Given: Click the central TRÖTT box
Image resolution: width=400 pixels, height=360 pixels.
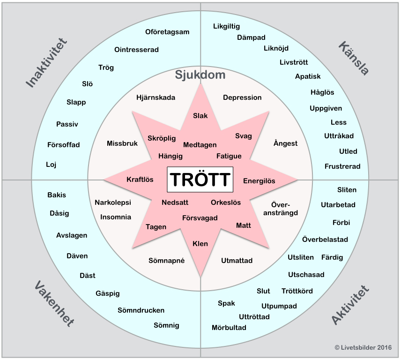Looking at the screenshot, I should [x=200, y=180].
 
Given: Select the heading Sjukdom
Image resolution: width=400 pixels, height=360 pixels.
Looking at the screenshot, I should [x=200, y=75].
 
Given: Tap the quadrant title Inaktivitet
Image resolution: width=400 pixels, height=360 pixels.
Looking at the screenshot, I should [x=47, y=63].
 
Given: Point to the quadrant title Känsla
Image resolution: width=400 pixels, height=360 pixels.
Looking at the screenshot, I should [x=354, y=58].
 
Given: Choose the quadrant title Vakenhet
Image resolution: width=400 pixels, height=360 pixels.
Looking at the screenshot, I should [x=54, y=304].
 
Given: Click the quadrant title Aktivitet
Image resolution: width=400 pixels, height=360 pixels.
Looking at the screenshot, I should [x=350, y=304].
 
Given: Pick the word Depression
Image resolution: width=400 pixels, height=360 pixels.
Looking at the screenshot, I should [x=242, y=97].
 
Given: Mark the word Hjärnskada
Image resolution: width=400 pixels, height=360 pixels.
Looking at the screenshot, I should [x=156, y=97].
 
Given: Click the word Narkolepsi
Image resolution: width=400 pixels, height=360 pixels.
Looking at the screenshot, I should [x=113, y=202].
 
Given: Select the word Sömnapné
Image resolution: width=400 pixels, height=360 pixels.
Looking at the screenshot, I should [x=167, y=261].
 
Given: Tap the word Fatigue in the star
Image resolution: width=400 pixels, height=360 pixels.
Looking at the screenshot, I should [x=229, y=156].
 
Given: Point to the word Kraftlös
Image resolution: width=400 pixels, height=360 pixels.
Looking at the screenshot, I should [x=140, y=180].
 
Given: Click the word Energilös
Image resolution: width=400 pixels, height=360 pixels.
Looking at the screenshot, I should [x=259, y=181].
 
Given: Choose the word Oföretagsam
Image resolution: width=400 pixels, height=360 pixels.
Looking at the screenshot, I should [x=167, y=32].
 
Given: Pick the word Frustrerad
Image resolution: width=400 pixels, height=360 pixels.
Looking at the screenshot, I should [x=342, y=166].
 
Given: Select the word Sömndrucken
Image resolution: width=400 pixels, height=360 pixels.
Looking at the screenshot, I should [x=141, y=310].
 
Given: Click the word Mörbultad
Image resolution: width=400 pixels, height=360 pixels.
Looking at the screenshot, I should [x=229, y=328].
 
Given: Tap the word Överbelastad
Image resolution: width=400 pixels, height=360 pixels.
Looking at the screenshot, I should [x=325, y=240].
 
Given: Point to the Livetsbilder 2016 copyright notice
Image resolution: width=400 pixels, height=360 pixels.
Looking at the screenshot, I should [x=363, y=347].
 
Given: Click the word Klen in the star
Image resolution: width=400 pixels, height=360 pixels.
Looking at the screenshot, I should [x=200, y=244].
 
